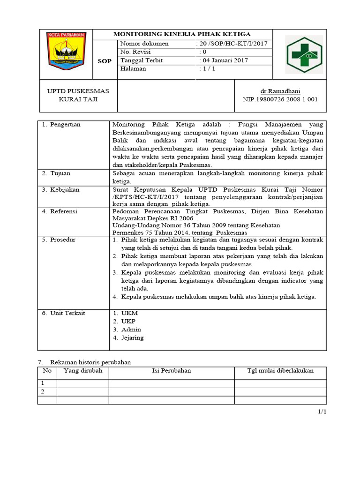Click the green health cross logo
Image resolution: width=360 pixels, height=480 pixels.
[304, 54]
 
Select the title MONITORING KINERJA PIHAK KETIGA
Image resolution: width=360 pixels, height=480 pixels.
[182, 34]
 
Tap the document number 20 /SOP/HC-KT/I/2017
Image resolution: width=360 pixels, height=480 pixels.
[233, 44]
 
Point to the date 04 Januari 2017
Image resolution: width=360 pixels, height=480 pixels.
[224, 60]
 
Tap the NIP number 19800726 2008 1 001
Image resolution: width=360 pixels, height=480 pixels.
[280, 99]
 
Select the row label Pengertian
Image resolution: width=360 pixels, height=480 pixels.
[65, 125]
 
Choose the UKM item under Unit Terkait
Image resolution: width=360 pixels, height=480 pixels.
[130, 313]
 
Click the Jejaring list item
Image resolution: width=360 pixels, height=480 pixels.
[132, 337]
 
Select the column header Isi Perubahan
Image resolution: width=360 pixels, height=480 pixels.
[172, 371]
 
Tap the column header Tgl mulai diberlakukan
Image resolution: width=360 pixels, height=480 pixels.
[280, 371]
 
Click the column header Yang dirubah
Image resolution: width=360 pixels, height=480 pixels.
[83, 371]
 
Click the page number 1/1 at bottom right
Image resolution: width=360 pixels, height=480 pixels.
[322, 412]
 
